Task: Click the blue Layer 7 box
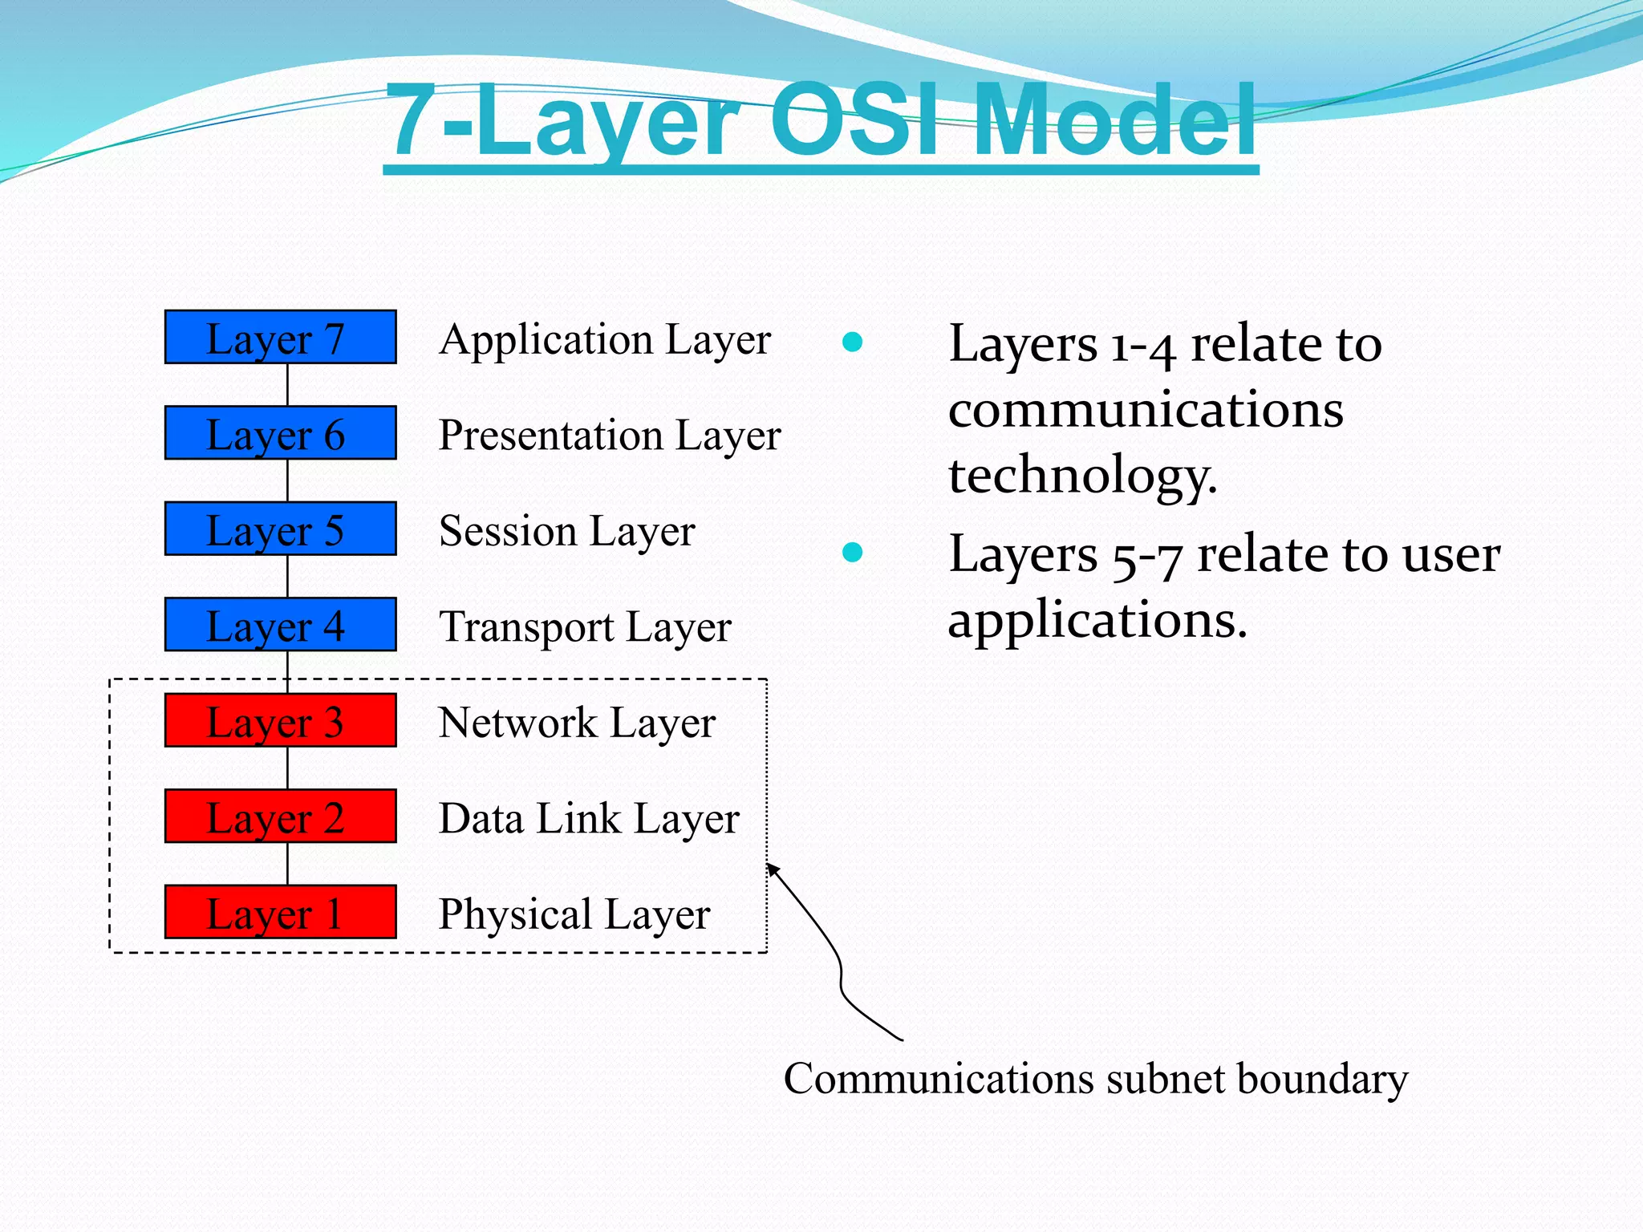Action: click(280, 337)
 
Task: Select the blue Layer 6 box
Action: click(280, 433)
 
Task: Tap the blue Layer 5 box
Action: click(280, 529)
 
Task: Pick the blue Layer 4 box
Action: click(280, 624)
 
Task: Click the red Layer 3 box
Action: click(280, 720)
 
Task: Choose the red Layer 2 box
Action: click(280, 816)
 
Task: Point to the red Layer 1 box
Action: click(280, 912)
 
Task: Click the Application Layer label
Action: click(605, 340)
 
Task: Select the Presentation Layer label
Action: click(610, 436)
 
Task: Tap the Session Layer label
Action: click(566, 531)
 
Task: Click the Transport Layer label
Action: click(585, 627)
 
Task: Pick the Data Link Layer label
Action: click(589, 819)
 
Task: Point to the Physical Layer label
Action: click(574, 914)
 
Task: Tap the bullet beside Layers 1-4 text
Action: click(852, 342)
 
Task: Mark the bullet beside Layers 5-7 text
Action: click(852, 552)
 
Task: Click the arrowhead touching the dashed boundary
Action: click(772, 869)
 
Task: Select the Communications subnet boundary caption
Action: click(1095, 1079)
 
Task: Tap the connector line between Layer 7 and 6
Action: click(287, 385)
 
